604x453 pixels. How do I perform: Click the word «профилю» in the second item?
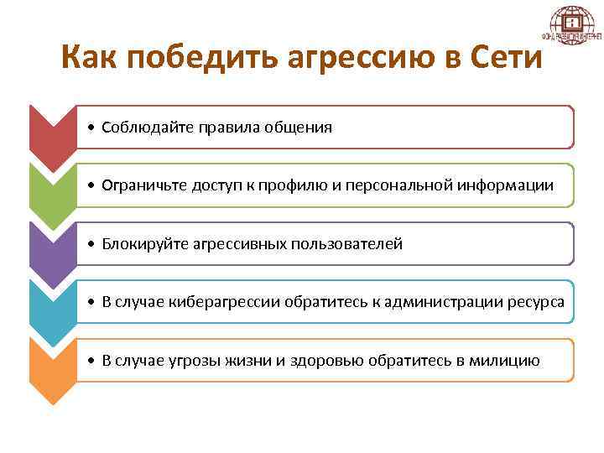coord(296,185)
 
